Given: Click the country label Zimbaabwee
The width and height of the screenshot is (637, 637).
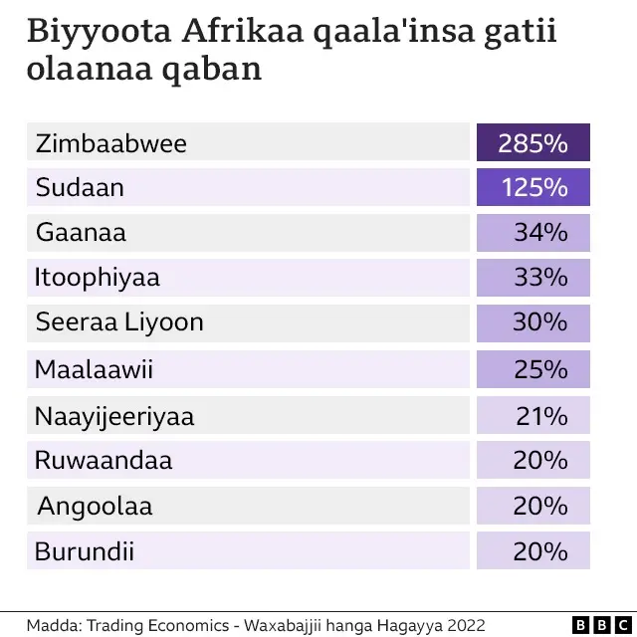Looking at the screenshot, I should point(110,143).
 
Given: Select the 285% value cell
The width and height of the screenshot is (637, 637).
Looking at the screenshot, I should point(532,143).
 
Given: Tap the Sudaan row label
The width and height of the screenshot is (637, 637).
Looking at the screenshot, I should point(80,187).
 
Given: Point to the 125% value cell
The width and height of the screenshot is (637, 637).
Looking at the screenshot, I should point(532,187).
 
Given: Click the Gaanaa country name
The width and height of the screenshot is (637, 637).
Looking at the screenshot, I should point(81,233).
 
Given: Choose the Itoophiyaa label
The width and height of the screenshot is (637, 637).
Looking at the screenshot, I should point(98,277).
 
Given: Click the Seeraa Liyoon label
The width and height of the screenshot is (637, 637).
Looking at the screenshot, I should point(119,321).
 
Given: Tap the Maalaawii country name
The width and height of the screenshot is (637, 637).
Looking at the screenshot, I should point(95,369).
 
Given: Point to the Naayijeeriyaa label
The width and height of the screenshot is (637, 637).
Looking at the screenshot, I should point(114,416).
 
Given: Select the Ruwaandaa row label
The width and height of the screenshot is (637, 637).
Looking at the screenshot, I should point(104,461).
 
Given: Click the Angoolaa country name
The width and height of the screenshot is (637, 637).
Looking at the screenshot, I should point(95,506).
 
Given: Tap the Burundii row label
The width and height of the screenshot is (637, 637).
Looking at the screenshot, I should point(85,550).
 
